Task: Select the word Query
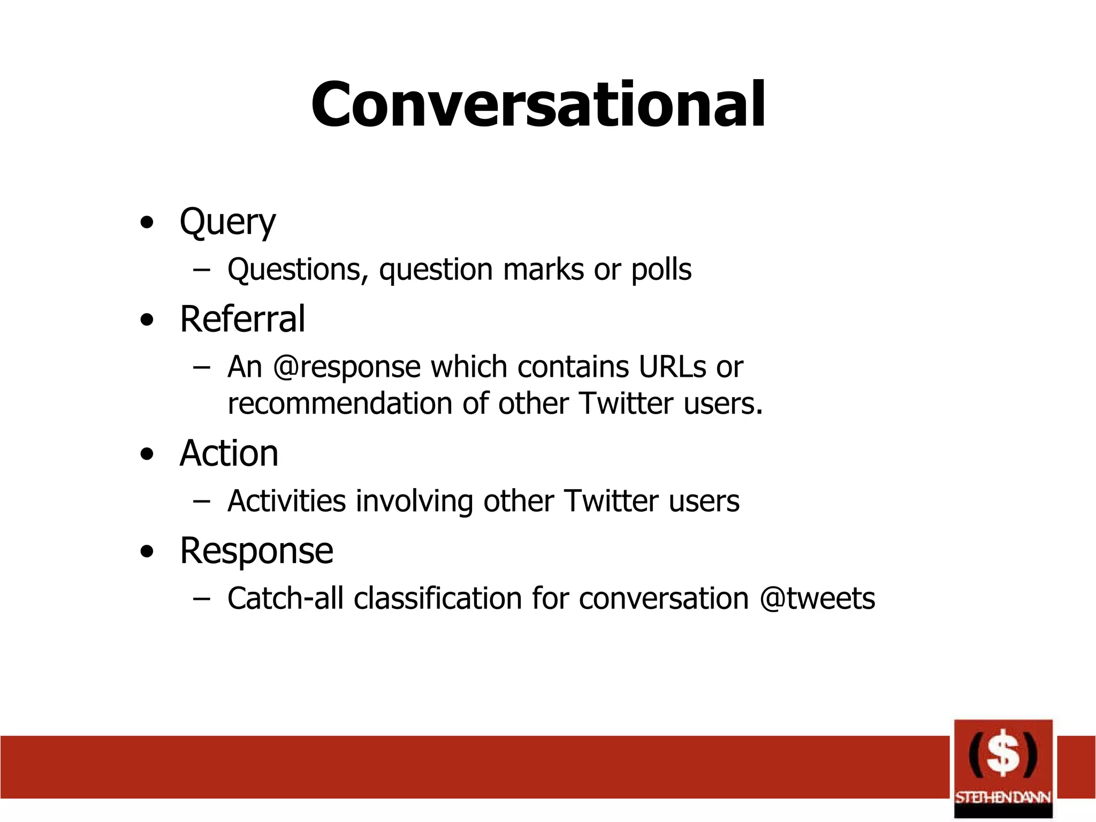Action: pyautogui.click(x=227, y=223)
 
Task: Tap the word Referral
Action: pyautogui.click(x=242, y=319)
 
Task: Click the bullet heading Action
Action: pyautogui.click(x=229, y=454)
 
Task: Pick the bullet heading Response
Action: pyautogui.click(x=256, y=551)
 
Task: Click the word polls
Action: pyautogui.click(x=661, y=270)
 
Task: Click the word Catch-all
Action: pyautogui.click(x=285, y=598)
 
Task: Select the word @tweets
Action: pyautogui.click(x=817, y=598)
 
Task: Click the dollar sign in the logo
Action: pyautogui.click(x=1003, y=753)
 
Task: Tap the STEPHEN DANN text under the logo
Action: pyautogui.click(x=1003, y=797)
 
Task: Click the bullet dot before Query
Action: pyautogui.click(x=147, y=223)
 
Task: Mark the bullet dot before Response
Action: pyautogui.click(x=147, y=552)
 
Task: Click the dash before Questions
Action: pyautogui.click(x=201, y=270)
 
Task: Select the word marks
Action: pyautogui.click(x=543, y=270)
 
